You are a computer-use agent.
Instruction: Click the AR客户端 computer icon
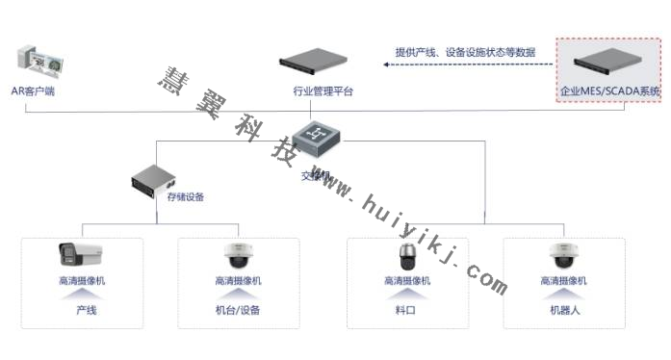point(38,63)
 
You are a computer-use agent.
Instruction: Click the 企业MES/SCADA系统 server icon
point(611,64)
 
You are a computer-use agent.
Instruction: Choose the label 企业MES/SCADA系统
point(611,92)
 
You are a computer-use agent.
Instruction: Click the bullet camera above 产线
point(81,254)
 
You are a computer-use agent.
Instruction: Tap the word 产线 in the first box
point(87,311)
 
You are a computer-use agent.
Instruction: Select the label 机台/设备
point(238,311)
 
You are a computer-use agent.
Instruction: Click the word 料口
point(406,311)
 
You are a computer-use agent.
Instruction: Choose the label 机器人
point(564,311)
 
